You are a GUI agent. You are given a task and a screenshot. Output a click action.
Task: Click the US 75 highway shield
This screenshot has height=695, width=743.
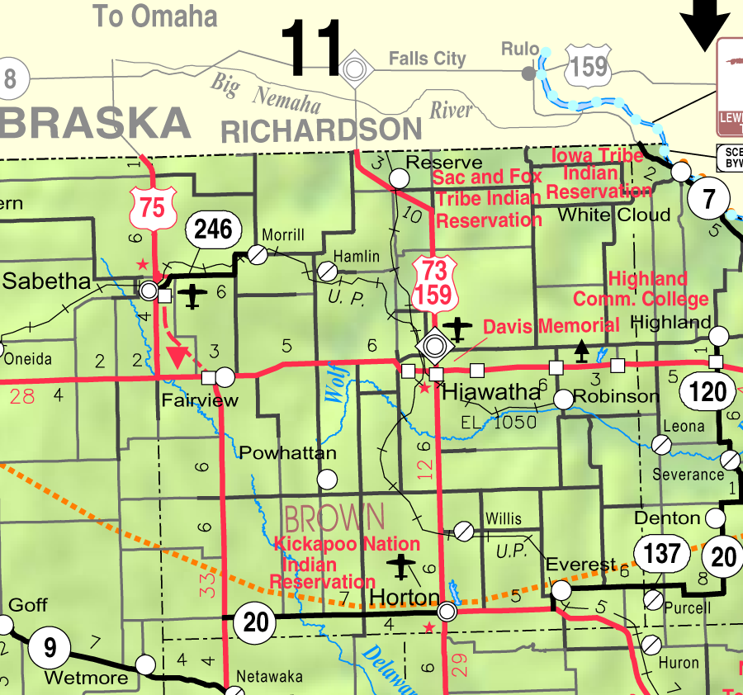(153, 207)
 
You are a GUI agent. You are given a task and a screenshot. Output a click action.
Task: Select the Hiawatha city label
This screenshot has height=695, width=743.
(491, 392)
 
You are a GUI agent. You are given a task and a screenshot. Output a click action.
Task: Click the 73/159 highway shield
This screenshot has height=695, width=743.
(433, 284)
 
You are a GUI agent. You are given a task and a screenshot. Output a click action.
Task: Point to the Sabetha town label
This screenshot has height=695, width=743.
(46, 281)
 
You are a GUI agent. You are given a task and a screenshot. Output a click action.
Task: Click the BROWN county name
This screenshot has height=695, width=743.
(334, 518)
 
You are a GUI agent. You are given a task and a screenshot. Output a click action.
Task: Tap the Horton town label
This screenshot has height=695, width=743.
(405, 596)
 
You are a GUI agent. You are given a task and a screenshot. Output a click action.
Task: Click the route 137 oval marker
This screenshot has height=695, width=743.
(662, 554)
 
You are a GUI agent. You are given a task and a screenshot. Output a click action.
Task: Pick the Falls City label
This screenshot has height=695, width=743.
(428, 59)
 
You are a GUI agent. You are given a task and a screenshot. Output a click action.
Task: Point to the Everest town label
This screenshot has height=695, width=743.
(580, 565)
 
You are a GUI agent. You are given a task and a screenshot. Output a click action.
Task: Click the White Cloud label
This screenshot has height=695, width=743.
(614, 215)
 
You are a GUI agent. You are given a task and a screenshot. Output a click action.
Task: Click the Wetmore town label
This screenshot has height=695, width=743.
(87, 678)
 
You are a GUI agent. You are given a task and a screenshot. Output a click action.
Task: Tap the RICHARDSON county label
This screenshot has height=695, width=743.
(322, 130)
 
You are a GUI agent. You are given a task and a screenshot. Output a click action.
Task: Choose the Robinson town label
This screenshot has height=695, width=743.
(617, 396)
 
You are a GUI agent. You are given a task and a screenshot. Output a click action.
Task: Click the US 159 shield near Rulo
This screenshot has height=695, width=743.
(589, 64)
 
